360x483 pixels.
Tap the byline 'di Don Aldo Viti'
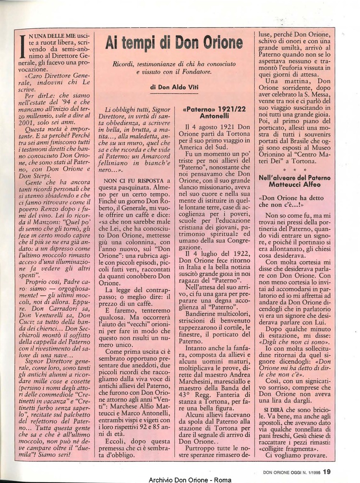[174, 87]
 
